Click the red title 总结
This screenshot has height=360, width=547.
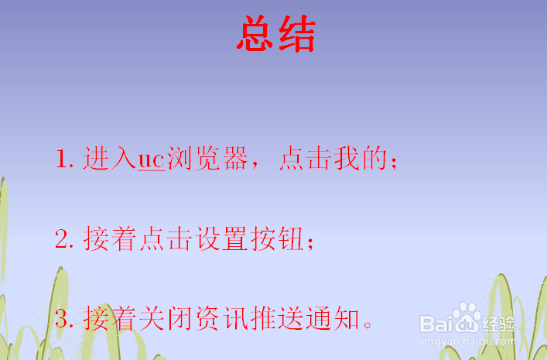276,35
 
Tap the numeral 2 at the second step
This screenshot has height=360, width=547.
63,240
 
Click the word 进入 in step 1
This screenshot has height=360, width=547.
109,159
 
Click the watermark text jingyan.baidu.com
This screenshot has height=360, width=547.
464,340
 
